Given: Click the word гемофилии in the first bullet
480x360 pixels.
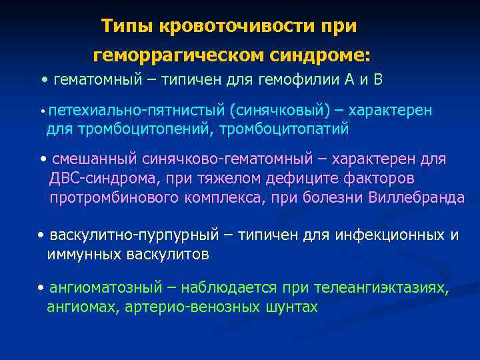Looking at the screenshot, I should tap(302, 81).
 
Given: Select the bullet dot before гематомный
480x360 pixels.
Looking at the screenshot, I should tap(44, 81).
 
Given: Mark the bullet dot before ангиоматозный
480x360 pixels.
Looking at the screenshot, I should tap(41, 289).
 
